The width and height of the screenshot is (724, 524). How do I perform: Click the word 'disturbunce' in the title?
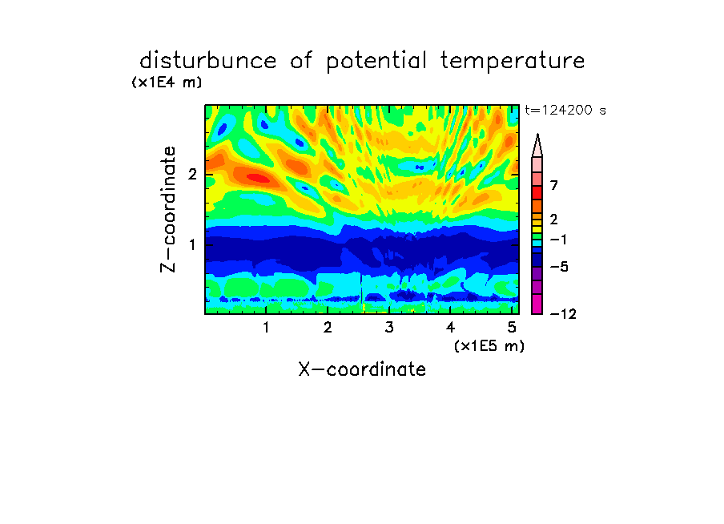click(207, 61)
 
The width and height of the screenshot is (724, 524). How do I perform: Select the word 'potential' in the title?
click(376, 62)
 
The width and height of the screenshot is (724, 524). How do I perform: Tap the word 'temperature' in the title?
click(513, 62)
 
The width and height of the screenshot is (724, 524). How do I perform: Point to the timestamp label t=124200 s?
click(565, 110)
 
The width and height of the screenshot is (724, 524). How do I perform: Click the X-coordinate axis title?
click(362, 369)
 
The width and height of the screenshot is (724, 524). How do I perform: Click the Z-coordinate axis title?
click(168, 209)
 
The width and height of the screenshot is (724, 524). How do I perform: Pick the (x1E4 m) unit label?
click(167, 83)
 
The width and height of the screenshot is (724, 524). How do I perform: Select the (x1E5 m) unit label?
click(489, 346)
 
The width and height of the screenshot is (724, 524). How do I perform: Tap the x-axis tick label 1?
click(266, 328)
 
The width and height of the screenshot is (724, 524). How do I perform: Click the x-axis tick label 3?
click(389, 328)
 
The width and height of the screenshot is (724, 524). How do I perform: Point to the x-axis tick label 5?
click(512, 328)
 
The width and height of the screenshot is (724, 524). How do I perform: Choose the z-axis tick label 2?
click(192, 174)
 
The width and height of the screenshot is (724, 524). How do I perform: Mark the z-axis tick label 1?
click(192, 244)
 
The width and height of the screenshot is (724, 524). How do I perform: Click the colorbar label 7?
click(554, 186)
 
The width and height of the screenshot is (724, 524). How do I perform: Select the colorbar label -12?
click(563, 314)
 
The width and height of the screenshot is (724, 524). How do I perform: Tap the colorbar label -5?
click(559, 267)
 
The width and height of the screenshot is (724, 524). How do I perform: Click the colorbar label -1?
click(558, 240)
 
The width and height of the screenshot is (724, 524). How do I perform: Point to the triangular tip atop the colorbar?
click(537, 135)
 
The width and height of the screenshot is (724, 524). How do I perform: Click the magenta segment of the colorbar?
click(537, 304)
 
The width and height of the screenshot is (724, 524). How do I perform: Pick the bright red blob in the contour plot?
click(258, 178)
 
